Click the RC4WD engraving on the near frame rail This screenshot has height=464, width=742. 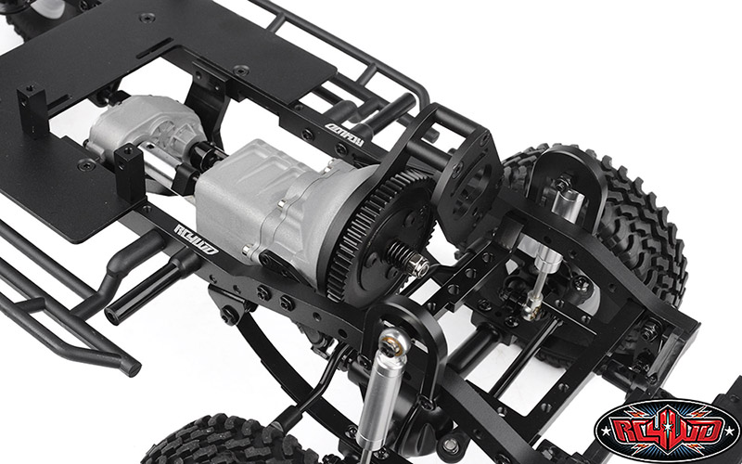pos(196,238)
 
